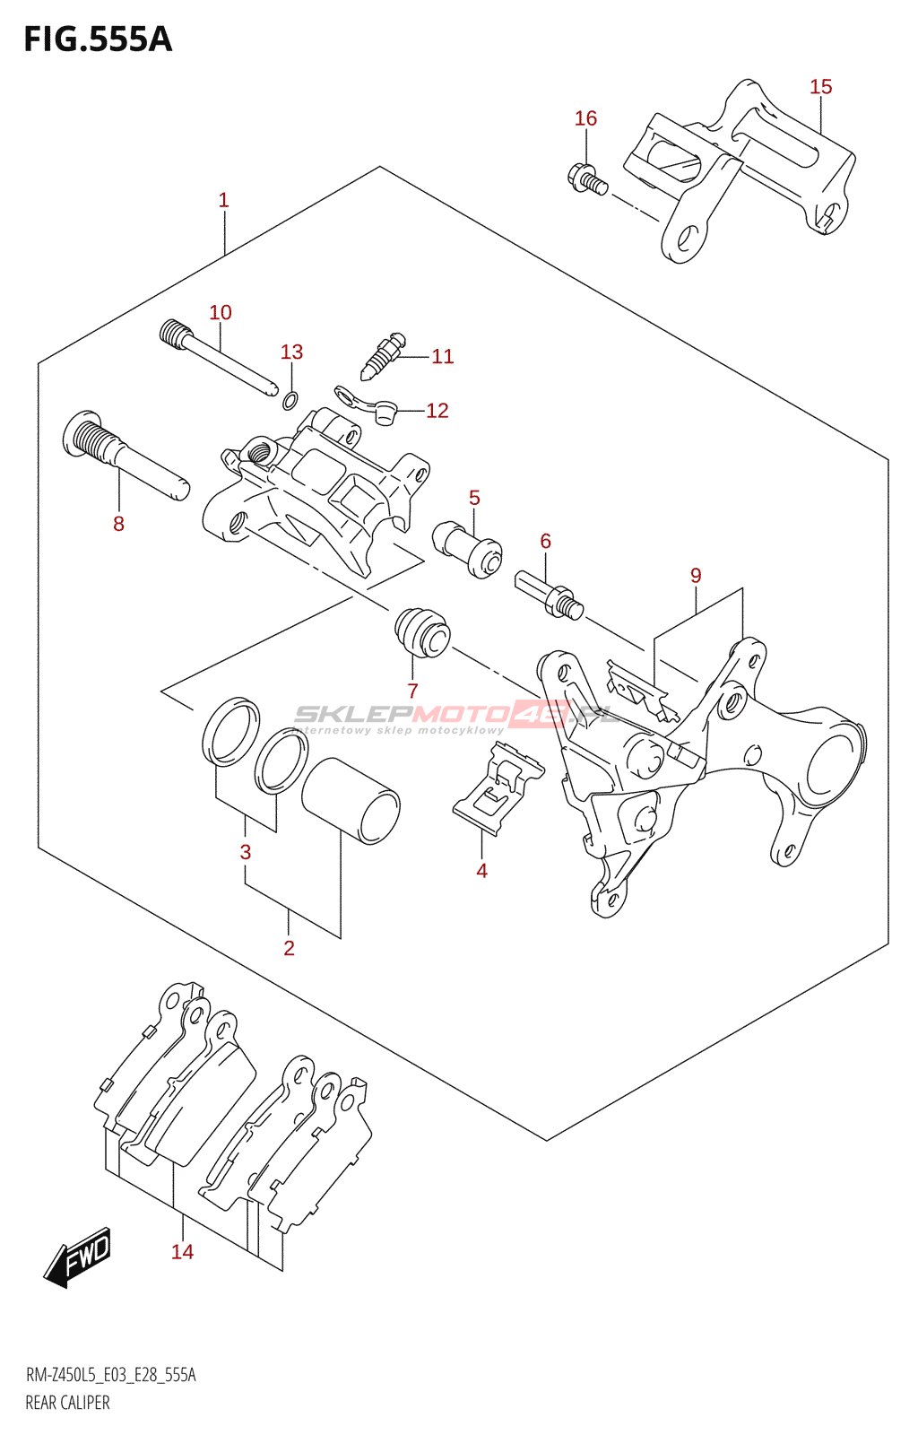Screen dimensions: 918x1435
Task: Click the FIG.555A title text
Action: pyautogui.click(x=97, y=39)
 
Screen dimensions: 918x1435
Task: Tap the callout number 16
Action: pyautogui.click(x=585, y=118)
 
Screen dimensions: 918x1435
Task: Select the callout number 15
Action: pyautogui.click(x=820, y=87)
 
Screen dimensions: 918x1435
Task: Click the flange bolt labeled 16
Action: pyautogui.click(x=587, y=178)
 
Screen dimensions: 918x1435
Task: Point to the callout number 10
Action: pyautogui.click(x=221, y=312)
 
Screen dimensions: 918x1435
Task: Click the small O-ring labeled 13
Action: pyautogui.click(x=290, y=400)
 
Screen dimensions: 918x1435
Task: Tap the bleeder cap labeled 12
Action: pyautogui.click(x=385, y=413)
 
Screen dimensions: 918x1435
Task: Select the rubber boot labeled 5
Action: pyautogui.click(x=467, y=550)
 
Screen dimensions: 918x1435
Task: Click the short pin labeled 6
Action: pyautogui.click(x=549, y=594)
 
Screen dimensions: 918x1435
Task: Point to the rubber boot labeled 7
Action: pyautogui.click(x=422, y=631)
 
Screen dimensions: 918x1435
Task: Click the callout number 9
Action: pyautogui.click(x=696, y=576)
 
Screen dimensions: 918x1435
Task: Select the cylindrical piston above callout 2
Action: pyautogui.click(x=351, y=800)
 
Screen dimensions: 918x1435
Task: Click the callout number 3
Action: pyautogui.click(x=246, y=852)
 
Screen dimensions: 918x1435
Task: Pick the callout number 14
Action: pyautogui.click(x=182, y=1251)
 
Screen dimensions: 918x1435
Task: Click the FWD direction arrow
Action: pyautogui.click(x=79, y=1257)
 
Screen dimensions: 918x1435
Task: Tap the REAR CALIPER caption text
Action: pyautogui.click(x=67, y=1403)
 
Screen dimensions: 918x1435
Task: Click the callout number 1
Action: pyautogui.click(x=224, y=200)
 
